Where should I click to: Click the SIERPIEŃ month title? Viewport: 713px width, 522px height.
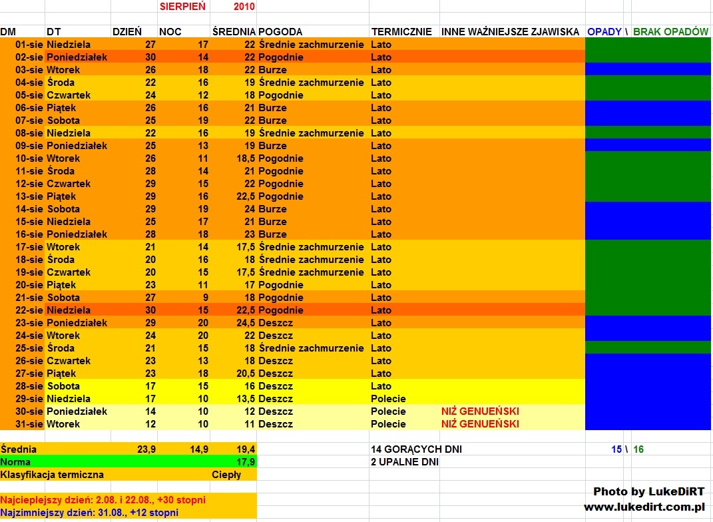click(x=182, y=6)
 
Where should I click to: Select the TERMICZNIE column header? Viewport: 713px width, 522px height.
click(x=401, y=32)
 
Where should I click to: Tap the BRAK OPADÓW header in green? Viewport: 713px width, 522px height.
click(x=670, y=32)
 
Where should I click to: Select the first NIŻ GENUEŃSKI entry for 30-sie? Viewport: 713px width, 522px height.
click(x=480, y=411)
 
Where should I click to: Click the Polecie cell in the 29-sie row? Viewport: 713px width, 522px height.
click(x=388, y=399)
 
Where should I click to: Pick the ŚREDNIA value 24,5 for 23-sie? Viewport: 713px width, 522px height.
click(x=242, y=323)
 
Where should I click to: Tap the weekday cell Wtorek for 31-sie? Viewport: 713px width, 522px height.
click(x=63, y=424)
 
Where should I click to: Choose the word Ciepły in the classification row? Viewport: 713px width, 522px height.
click(x=226, y=475)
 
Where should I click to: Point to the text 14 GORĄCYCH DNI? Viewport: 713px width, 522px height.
click(x=416, y=449)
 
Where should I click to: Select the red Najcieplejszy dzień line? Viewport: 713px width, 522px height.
click(x=103, y=500)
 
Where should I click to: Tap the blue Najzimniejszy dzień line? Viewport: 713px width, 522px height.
click(x=90, y=513)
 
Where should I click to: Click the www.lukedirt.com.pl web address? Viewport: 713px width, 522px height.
click(x=644, y=507)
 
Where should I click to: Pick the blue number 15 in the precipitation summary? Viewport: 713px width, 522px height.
click(x=616, y=449)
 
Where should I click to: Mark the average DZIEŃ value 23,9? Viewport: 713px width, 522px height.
click(x=146, y=449)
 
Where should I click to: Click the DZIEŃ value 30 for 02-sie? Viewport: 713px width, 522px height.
click(x=150, y=57)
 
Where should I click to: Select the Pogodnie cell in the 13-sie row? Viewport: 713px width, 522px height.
click(x=281, y=196)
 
